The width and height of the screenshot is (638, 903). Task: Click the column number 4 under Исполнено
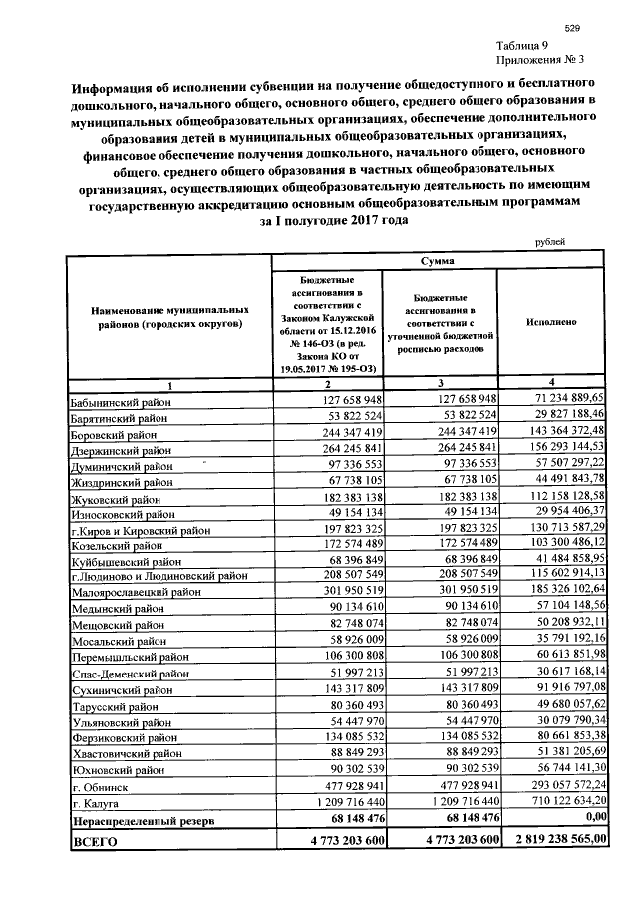pos(549,384)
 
